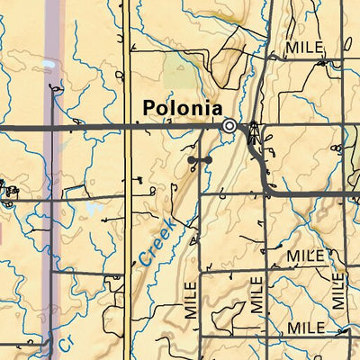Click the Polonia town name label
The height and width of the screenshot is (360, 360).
[x=181, y=108]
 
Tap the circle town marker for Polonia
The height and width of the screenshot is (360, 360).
[x=230, y=126]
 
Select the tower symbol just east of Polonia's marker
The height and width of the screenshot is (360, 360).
[x=253, y=131]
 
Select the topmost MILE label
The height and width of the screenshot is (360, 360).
[x=303, y=47]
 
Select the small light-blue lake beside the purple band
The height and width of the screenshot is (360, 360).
[x=45, y=67]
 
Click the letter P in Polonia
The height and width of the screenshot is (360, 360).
[x=149, y=108]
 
